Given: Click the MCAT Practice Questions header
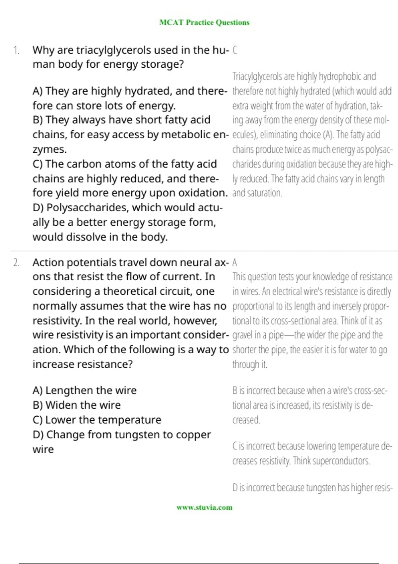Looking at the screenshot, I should (x=204, y=23).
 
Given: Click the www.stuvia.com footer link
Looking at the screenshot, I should (x=204, y=507).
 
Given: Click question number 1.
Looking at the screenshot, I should (x=16, y=50).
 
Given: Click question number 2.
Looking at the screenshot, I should (x=16, y=263).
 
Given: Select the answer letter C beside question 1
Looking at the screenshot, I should (x=235, y=50).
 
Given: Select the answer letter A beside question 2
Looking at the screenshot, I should (x=235, y=263).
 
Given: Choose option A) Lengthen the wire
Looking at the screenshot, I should (x=85, y=390).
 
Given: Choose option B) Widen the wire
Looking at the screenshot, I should (x=77, y=405).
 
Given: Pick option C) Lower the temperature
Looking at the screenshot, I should (x=97, y=420).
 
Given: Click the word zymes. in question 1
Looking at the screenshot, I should (x=49, y=150).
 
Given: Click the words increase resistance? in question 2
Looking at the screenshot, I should (x=83, y=364).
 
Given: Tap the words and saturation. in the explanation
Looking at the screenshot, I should (x=257, y=193).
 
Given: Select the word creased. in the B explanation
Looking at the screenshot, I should (x=246, y=420).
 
